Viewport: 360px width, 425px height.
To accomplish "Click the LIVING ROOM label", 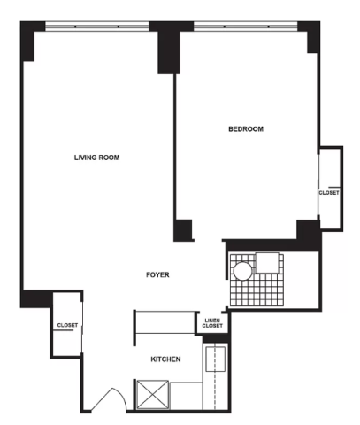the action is click(96, 158).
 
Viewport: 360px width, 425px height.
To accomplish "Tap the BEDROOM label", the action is click(246, 129).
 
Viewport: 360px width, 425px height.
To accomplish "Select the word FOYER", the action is click(157, 274).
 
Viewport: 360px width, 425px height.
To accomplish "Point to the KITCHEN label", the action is click(165, 359).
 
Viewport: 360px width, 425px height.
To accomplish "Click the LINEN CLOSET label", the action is click(212, 323).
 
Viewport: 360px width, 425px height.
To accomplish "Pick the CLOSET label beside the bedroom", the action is click(329, 193).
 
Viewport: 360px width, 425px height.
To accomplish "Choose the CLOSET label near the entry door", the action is click(67, 325).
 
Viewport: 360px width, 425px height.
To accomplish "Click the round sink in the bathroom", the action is click(243, 271).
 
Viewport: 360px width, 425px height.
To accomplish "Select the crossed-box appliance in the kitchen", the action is click(153, 395).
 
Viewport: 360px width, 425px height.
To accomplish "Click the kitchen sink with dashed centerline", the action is click(215, 359).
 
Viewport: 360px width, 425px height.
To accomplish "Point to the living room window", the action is click(97, 27).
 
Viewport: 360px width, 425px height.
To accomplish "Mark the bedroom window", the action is click(246, 27).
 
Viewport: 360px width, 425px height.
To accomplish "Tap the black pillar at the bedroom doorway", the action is click(183, 230).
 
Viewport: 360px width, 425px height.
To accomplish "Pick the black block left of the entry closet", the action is click(36, 298).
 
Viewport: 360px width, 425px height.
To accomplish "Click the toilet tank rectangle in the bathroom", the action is click(267, 262).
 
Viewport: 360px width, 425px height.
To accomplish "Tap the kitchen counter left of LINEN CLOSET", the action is click(165, 321).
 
